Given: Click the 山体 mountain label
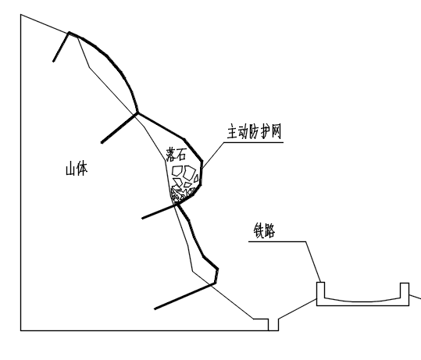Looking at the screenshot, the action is [x=77, y=169].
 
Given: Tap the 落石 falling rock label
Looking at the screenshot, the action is [x=176, y=154].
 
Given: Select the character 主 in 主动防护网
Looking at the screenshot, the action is [x=233, y=131].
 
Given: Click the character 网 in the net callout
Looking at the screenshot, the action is [x=277, y=131].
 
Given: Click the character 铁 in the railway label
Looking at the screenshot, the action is [x=259, y=230].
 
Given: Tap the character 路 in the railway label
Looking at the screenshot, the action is [x=269, y=230].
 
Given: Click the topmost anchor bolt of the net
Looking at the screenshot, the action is [x=61, y=47].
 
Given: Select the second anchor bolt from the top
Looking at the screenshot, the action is [x=120, y=128].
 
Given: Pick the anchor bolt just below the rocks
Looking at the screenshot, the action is [x=159, y=211].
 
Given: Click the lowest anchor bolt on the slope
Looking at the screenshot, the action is [x=184, y=295].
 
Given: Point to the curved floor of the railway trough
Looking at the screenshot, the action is [x=362, y=301].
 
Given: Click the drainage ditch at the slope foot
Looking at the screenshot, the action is [x=273, y=325].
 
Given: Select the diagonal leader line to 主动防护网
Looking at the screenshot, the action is [x=213, y=155].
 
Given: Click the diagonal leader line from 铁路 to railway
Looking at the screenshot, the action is [x=313, y=262].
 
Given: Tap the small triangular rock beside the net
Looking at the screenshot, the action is [x=197, y=179].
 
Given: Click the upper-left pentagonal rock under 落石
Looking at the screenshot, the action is [x=177, y=171].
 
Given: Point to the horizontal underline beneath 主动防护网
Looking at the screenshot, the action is [x=254, y=142].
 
